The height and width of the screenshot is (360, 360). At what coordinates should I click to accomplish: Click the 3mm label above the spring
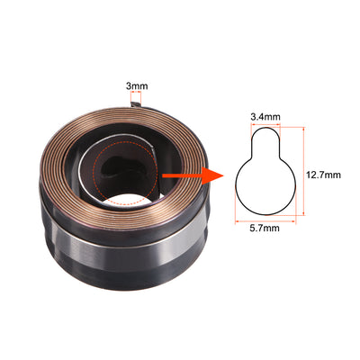[x=136, y=86]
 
